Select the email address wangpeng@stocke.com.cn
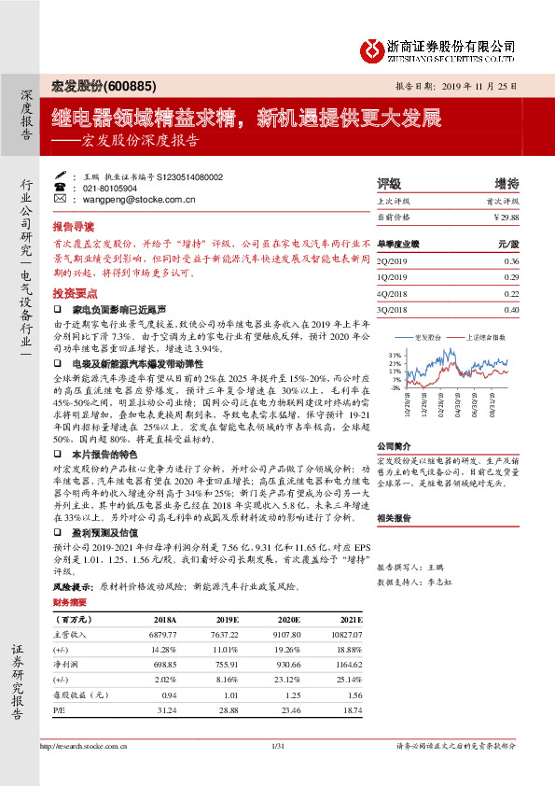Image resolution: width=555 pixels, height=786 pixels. click(139, 199)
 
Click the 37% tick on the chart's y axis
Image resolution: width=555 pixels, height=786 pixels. click(396, 356)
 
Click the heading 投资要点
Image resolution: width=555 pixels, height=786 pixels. click(73, 291)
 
